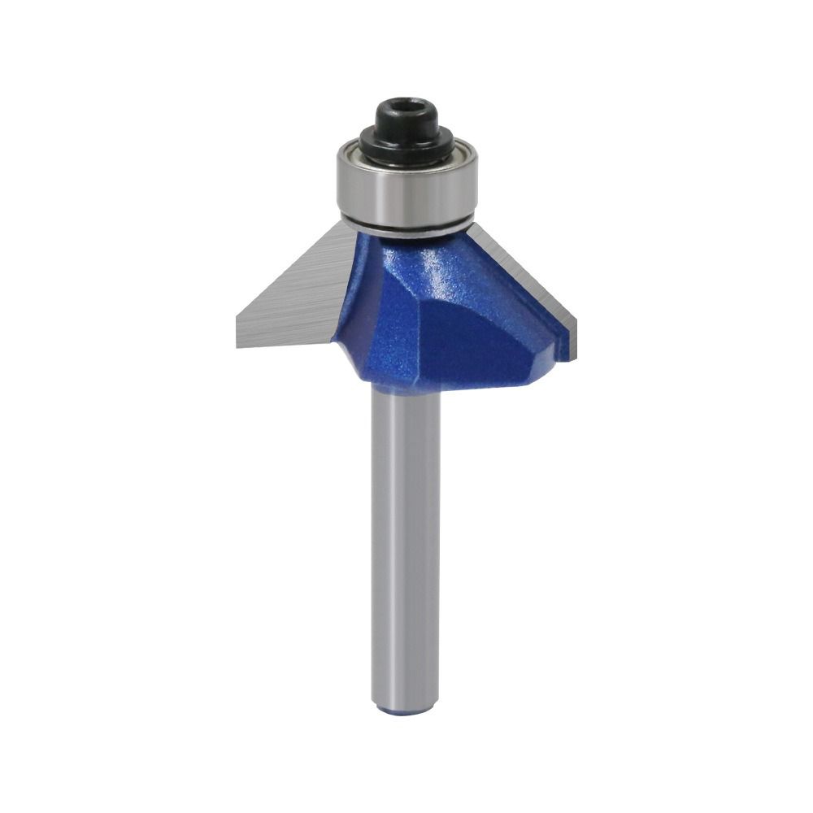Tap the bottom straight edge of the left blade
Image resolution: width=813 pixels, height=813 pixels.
tap(285, 345)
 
